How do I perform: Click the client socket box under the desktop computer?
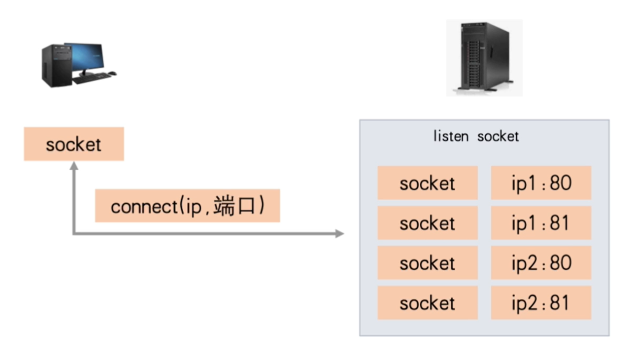[x=74, y=144]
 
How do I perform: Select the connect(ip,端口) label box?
[x=187, y=206]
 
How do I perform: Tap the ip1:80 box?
[x=541, y=183]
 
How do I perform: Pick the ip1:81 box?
[x=541, y=223]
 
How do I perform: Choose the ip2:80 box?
[x=541, y=262]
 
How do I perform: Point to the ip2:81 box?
[x=541, y=303]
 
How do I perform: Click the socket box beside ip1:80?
[x=427, y=183]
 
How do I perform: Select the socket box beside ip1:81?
[x=427, y=223]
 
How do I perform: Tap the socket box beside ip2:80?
[x=427, y=262]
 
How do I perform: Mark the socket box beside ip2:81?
[x=427, y=303]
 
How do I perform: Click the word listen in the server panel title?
[x=451, y=137]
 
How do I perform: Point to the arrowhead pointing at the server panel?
[x=340, y=233]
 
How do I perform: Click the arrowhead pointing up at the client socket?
[x=74, y=166]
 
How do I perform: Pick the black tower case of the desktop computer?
[x=53, y=66]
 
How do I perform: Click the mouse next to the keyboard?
[x=113, y=74]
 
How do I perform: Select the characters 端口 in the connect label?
[x=240, y=206]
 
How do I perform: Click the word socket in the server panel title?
[x=498, y=137]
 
